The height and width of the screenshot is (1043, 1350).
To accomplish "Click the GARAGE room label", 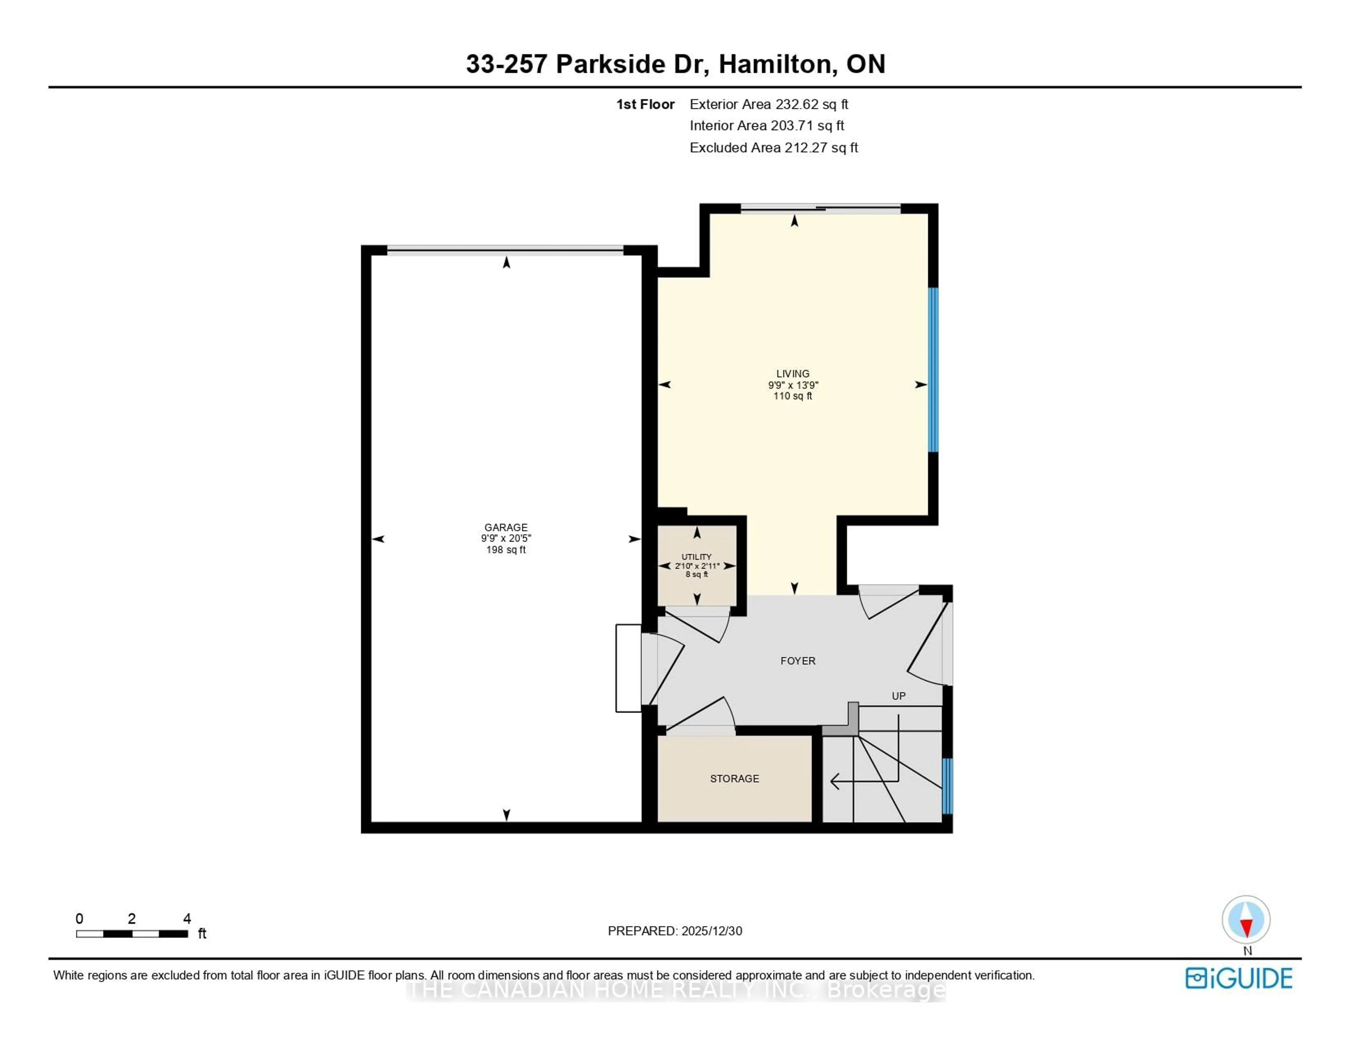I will click(506, 527).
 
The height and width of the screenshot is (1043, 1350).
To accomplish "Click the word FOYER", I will click(797, 661).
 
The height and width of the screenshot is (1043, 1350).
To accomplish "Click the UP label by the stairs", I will click(898, 696).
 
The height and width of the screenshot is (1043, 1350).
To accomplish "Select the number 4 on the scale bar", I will click(187, 919).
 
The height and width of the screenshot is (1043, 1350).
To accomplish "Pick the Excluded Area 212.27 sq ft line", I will click(773, 148).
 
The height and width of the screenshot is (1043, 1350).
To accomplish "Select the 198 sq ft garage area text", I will click(506, 550).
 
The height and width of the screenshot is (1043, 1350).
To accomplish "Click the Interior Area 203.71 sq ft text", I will click(766, 125).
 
